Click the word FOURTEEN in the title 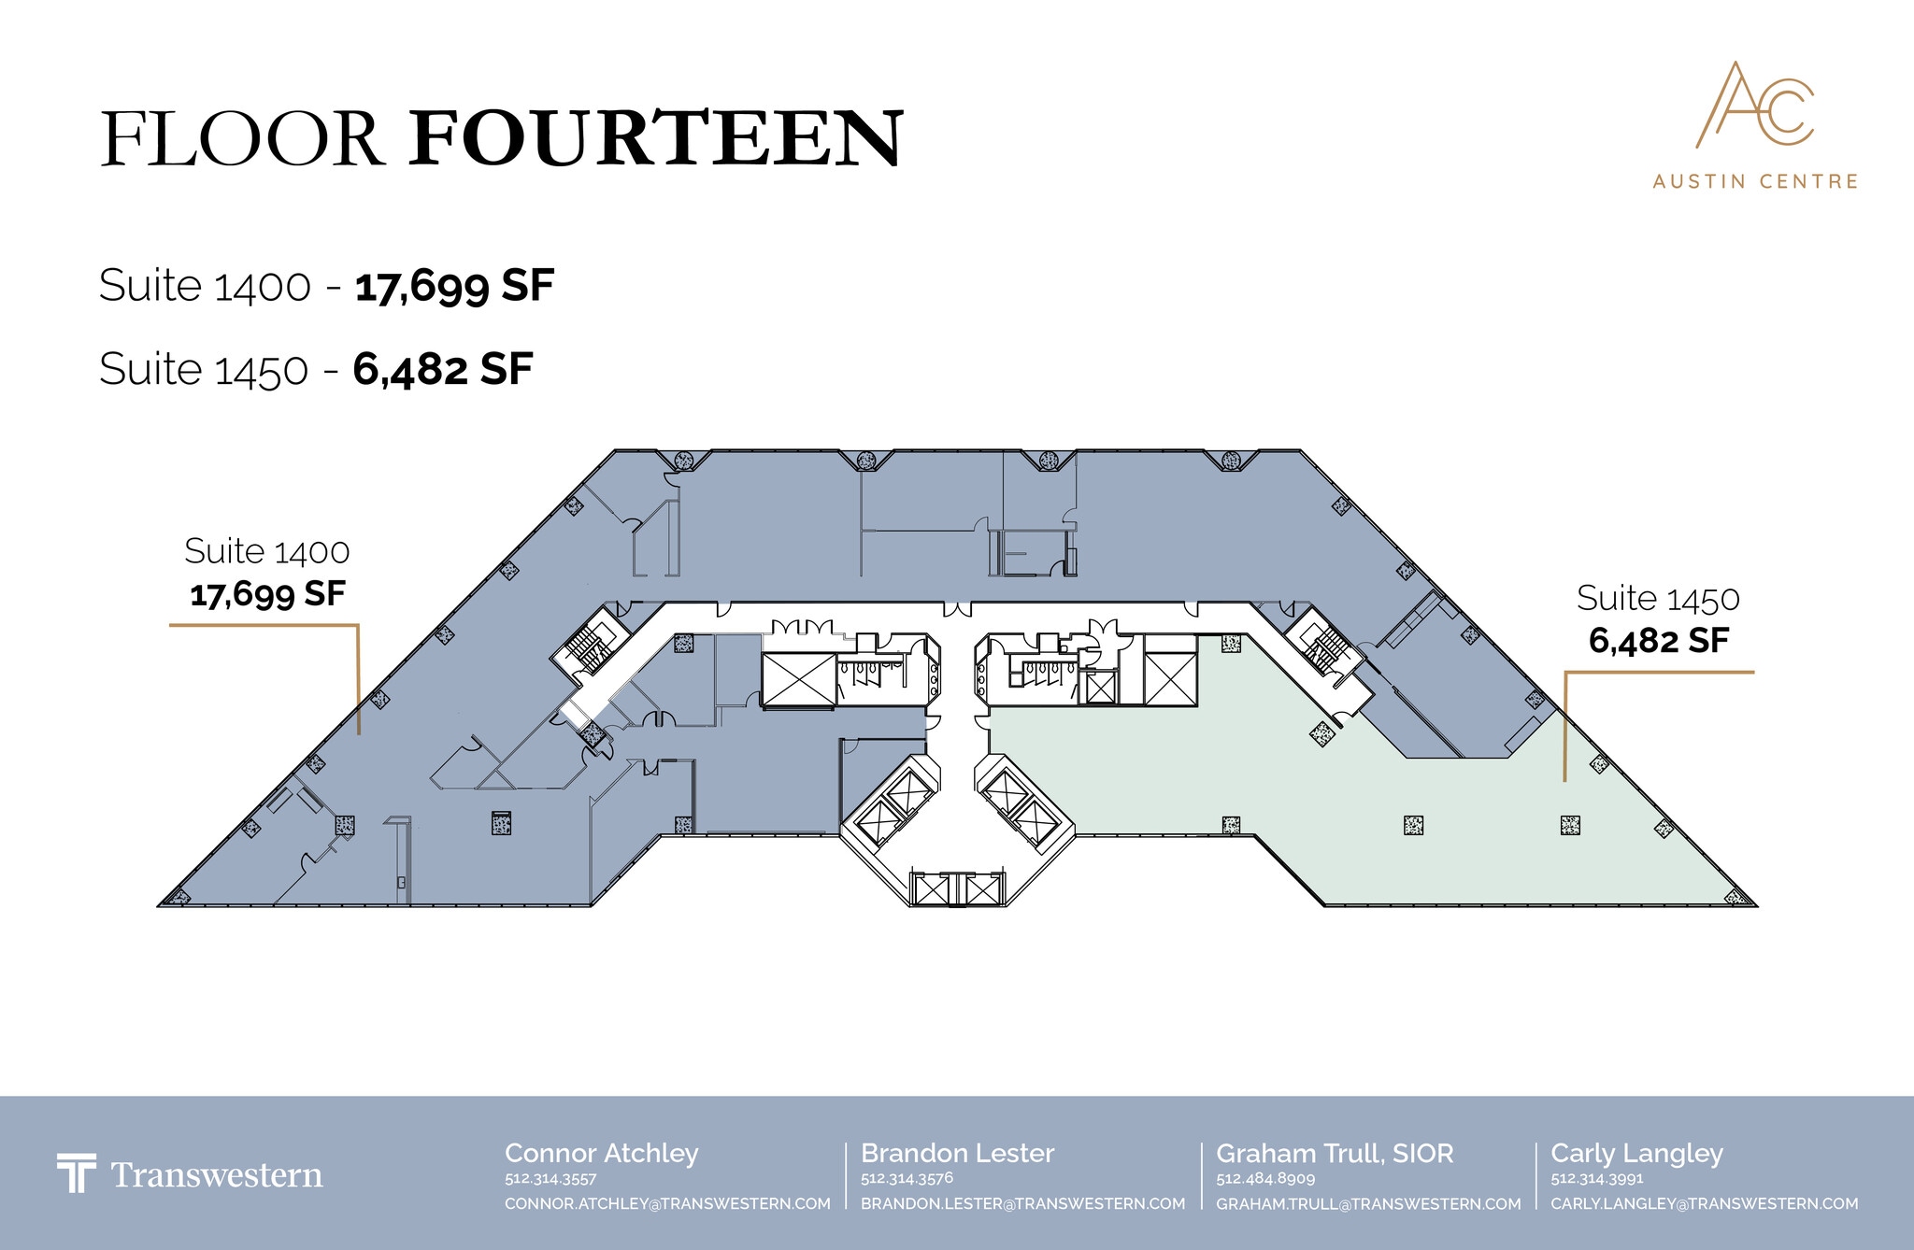point(656,139)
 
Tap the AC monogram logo point(1754,105)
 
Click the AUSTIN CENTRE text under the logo point(1755,181)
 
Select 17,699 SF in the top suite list point(454,286)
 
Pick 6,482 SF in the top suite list point(442,370)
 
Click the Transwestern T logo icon point(76,1173)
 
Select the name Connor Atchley point(602,1154)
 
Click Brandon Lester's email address point(1022,1203)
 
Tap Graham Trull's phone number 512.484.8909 point(1265,1179)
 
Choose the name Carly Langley point(1636,1154)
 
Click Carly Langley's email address point(1705,1203)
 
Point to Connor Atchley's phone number point(550,1179)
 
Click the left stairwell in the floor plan point(588,642)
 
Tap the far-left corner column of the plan point(176,897)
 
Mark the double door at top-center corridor point(957,609)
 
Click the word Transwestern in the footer point(217,1175)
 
